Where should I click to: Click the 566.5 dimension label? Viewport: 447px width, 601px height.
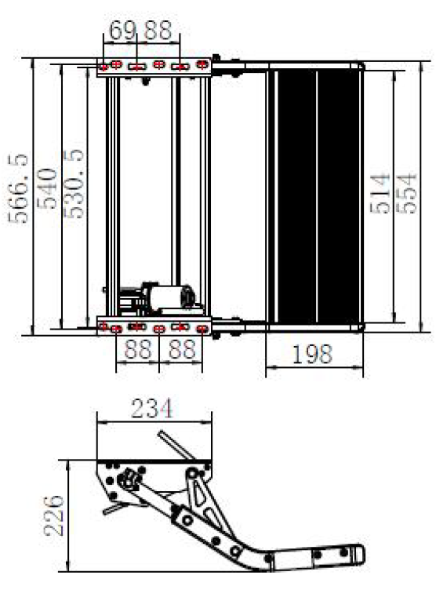pyautogui.click(x=18, y=188)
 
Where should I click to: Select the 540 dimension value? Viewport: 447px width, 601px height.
pyautogui.click(x=47, y=188)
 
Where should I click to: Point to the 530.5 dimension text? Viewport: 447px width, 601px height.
pyautogui.click(x=73, y=184)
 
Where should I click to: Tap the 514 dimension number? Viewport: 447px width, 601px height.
pyautogui.click(x=380, y=194)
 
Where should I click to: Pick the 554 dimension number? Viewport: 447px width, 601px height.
pyautogui.click(x=406, y=194)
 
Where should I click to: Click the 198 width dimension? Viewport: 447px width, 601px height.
pyautogui.click(x=312, y=354)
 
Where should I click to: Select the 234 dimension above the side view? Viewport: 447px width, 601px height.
pyautogui.click(x=152, y=408)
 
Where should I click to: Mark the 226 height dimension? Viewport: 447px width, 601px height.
pyautogui.click(x=53, y=516)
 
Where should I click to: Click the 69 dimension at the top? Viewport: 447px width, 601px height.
pyautogui.click(x=122, y=31)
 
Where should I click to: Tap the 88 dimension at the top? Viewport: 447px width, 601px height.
pyautogui.click(x=158, y=31)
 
